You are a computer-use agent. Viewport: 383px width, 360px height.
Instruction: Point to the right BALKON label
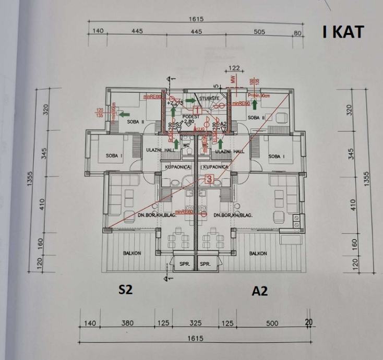[x=258, y=254]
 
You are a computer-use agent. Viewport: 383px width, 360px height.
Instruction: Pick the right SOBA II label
[x=257, y=118]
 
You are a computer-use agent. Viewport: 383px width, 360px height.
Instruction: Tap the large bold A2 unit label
[x=259, y=291]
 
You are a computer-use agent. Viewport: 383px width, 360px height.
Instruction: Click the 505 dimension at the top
[x=259, y=32]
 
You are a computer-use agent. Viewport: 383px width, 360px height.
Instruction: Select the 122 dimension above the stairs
[x=234, y=68]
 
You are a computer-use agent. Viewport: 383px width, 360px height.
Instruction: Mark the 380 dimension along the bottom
[x=127, y=323]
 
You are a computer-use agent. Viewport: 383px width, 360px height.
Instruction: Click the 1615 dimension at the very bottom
[x=195, y=339]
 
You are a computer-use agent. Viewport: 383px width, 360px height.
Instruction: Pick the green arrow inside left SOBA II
[x=124, y=114]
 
